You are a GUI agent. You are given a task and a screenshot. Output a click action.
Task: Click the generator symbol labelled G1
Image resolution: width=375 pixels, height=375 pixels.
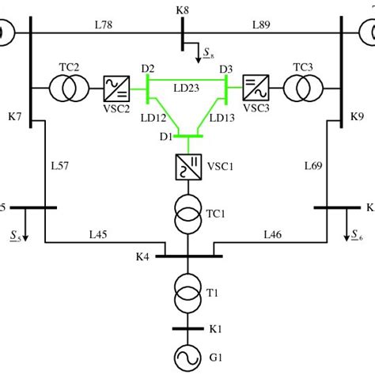[x=188, y=358]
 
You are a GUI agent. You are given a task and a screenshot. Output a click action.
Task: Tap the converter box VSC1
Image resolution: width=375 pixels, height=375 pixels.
[x=188, y=167]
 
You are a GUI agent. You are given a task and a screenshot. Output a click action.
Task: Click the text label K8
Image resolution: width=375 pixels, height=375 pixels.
[x=182, y=9]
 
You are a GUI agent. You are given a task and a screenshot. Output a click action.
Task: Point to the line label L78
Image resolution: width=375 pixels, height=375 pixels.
[x=103, y=25]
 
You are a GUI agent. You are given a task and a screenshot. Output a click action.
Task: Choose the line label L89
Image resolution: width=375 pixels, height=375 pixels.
[x=262, y=25]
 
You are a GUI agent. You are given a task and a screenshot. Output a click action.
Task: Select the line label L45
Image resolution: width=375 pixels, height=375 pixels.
[x=98, y=234]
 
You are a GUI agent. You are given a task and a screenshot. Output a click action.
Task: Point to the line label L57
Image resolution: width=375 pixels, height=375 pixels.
[x=61, y=166]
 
